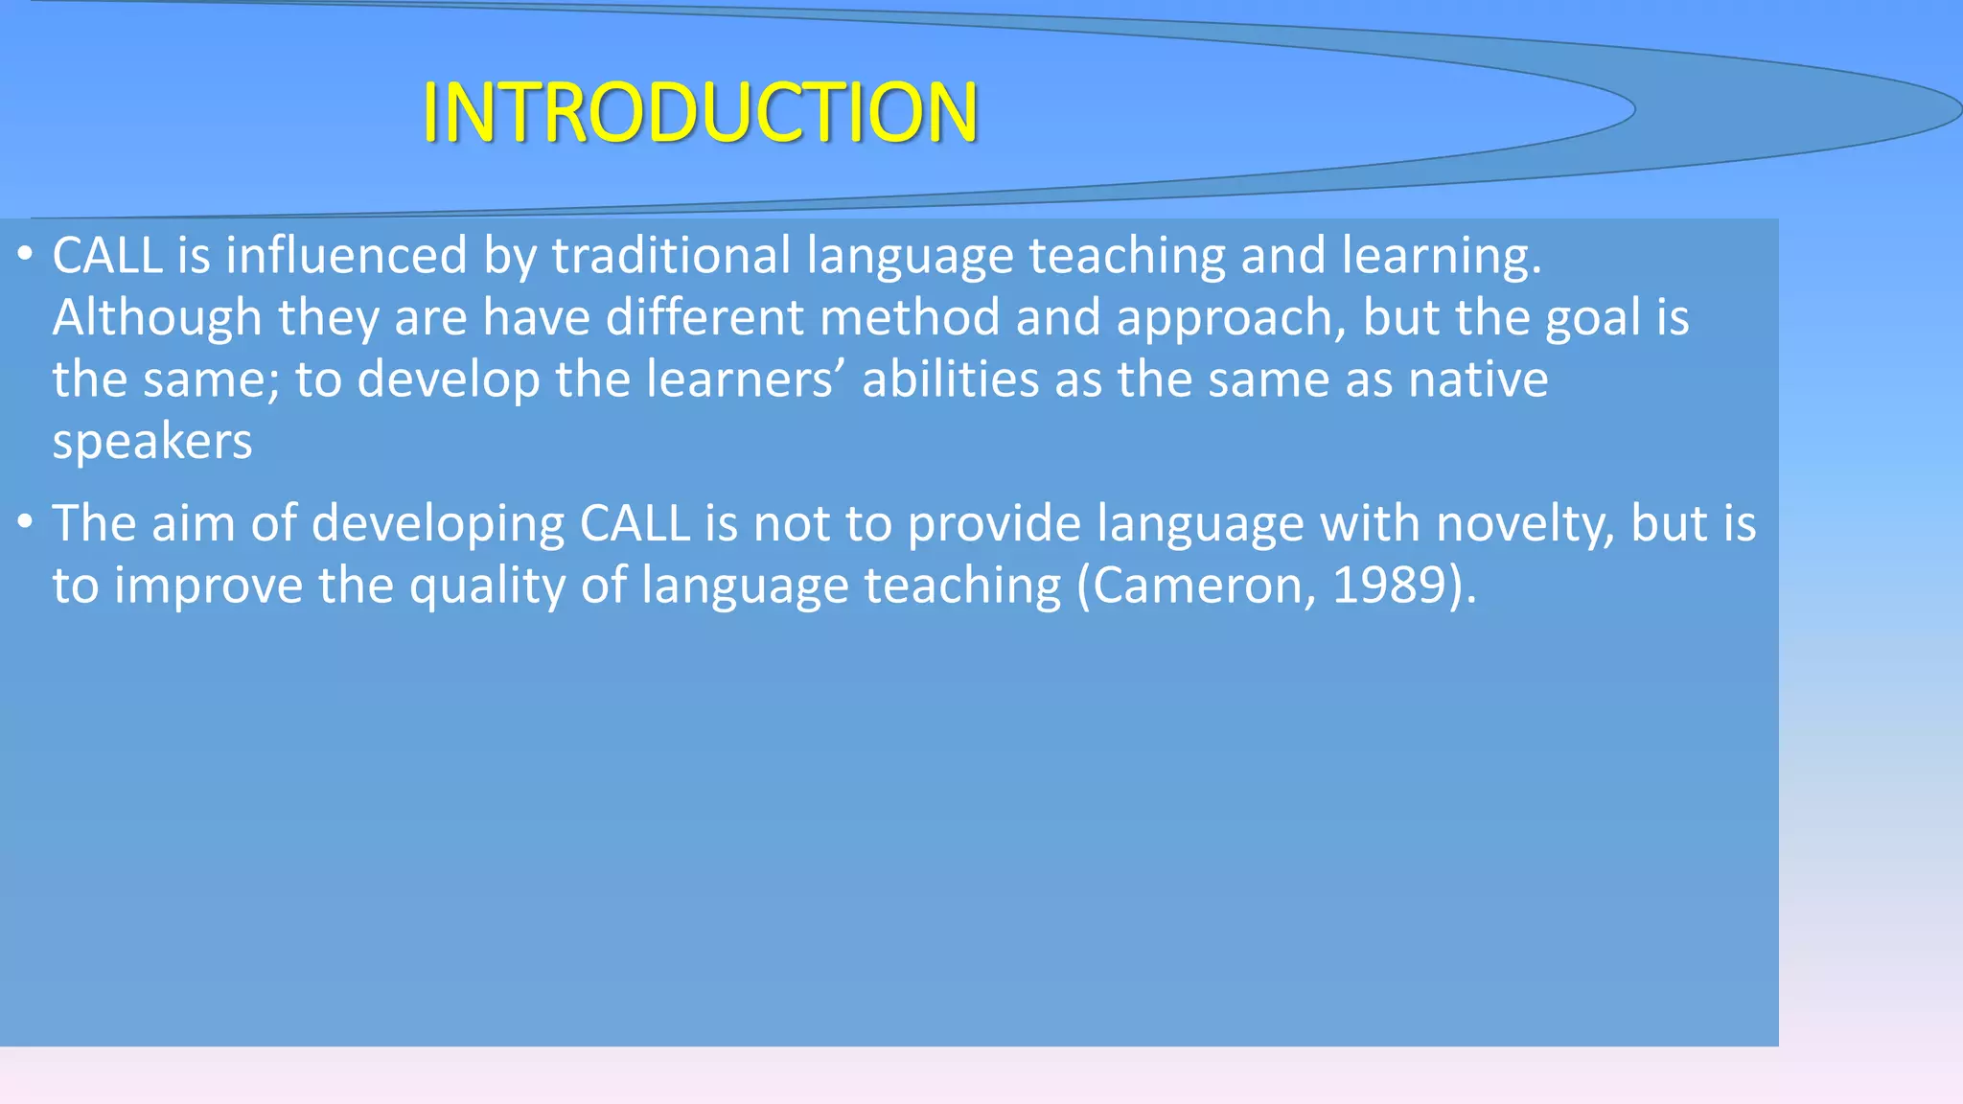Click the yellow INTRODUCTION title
[700, 113]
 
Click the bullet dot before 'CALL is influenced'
[26, 254]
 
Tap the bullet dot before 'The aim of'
[26, 522]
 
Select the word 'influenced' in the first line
[346, 256]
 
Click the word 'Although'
[157, 318]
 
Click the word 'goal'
[1593, 318]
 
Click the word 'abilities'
[950, 379]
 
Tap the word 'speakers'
[152, 442]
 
